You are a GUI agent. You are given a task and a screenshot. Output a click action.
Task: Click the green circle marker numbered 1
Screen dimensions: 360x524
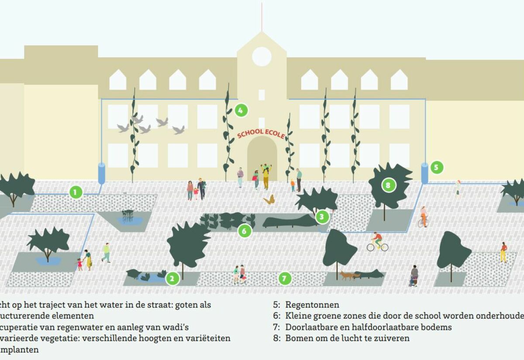click(76, 192)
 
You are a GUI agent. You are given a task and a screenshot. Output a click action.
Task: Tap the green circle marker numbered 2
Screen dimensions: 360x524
click(172, 278)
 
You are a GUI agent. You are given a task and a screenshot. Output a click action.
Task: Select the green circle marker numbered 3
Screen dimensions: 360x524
click(322, 216)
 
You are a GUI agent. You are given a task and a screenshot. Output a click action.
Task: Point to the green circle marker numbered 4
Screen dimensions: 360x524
click(241, 110)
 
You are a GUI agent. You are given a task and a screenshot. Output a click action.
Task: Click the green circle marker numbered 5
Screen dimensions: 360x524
click(436, 167)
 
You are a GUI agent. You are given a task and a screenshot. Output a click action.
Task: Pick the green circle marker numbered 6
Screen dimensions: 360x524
click(245, 231)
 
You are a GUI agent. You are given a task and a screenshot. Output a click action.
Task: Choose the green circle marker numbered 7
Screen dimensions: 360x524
click(285, 278)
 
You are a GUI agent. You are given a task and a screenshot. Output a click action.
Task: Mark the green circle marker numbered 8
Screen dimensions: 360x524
click(388, 185)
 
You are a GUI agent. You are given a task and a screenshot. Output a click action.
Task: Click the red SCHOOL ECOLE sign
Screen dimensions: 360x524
click(261, 133)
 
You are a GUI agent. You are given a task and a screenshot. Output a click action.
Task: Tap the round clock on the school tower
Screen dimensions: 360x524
click(262, 57)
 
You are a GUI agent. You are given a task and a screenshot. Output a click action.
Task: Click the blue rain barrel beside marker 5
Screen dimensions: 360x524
click(424, 173)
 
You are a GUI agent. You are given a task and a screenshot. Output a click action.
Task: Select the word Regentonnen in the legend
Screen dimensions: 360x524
click(312, 305)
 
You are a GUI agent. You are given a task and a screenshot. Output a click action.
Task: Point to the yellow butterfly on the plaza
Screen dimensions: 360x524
click(269, 200)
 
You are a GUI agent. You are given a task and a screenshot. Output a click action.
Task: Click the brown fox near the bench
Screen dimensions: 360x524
click(347, 275)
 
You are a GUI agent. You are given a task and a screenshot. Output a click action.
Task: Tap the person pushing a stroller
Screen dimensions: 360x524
click(414, 275)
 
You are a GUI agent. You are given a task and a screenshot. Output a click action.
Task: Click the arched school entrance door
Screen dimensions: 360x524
click(262, 157)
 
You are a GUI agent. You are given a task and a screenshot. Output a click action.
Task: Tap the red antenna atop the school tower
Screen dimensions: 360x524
click(262, 17)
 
